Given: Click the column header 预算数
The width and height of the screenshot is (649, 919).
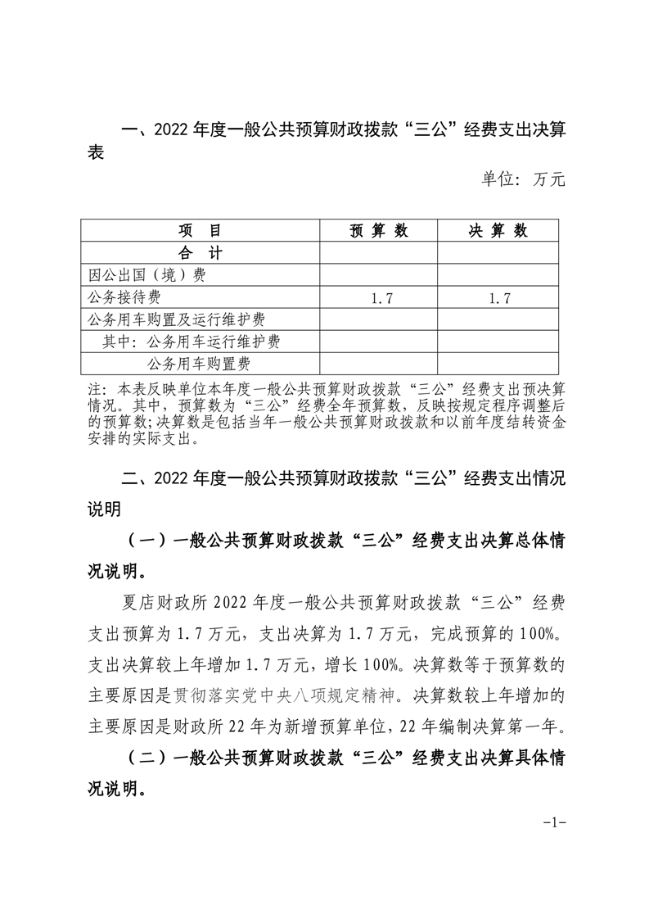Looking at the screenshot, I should click(379, 231).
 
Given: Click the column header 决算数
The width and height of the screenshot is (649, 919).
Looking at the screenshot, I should click(498, 231).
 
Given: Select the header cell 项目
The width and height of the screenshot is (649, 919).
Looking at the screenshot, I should click(200, 231).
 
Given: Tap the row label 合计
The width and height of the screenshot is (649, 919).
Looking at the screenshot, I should click(200, 253).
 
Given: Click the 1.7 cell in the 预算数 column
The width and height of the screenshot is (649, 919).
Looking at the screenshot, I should click(379, 298).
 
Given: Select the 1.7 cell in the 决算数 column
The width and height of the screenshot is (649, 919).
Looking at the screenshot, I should click(498, 298).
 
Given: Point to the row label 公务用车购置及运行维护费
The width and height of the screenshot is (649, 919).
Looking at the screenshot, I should click(175, 319).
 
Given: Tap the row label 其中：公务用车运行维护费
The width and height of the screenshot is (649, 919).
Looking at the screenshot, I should click(197, 342).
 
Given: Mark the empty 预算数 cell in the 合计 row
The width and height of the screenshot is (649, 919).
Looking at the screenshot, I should click(379, 253).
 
